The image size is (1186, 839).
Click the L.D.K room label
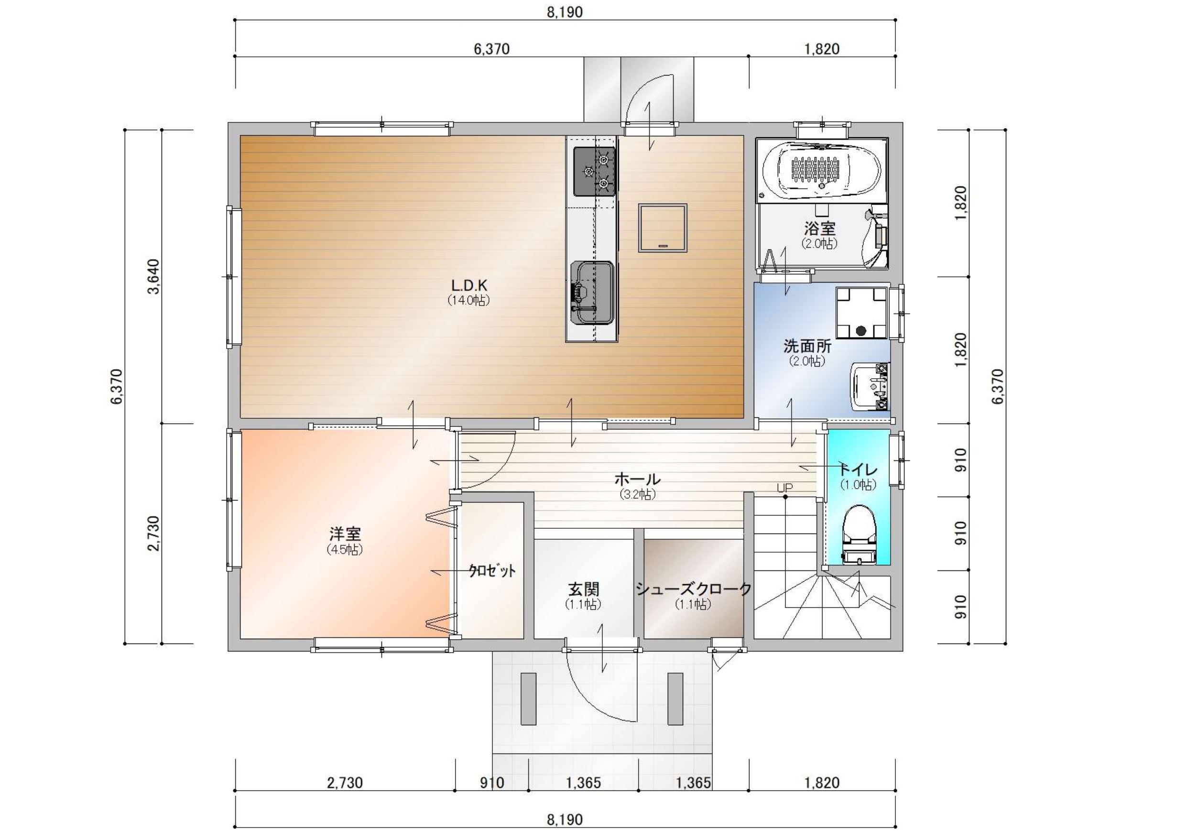[469, 285]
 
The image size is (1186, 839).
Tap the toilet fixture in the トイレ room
[859, 534]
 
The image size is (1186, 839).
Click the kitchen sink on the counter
[592, 293]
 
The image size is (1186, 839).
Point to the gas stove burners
[595, 171]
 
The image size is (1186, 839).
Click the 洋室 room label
[345, 533]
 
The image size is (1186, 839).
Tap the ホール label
[637, 479]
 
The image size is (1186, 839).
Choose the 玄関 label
[584, 588]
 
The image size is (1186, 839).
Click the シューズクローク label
[693, 588]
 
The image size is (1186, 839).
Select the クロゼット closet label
[492, 570]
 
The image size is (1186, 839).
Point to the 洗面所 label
[807, 345]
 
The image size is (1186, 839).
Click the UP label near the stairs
[784, 487]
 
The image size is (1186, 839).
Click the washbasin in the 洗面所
[870, 386]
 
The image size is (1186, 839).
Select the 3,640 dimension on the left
[153, 276]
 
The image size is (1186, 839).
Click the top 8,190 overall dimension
[565, 12]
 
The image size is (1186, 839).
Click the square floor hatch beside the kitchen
[663, 228]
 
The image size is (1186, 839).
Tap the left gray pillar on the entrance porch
[528, 698]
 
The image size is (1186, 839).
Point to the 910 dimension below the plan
[492, 783]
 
